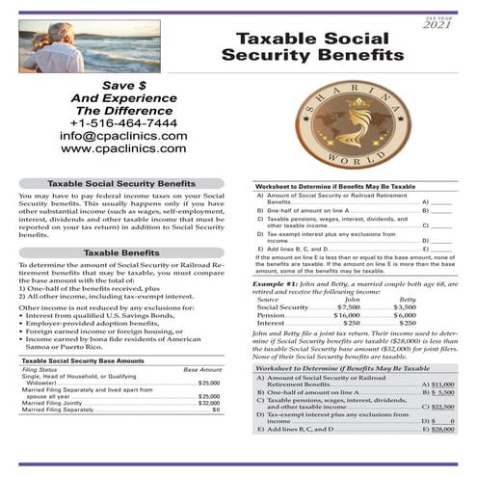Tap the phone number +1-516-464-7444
click(123, 123)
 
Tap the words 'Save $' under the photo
click(122, 85)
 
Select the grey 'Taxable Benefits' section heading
click(122, 252)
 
